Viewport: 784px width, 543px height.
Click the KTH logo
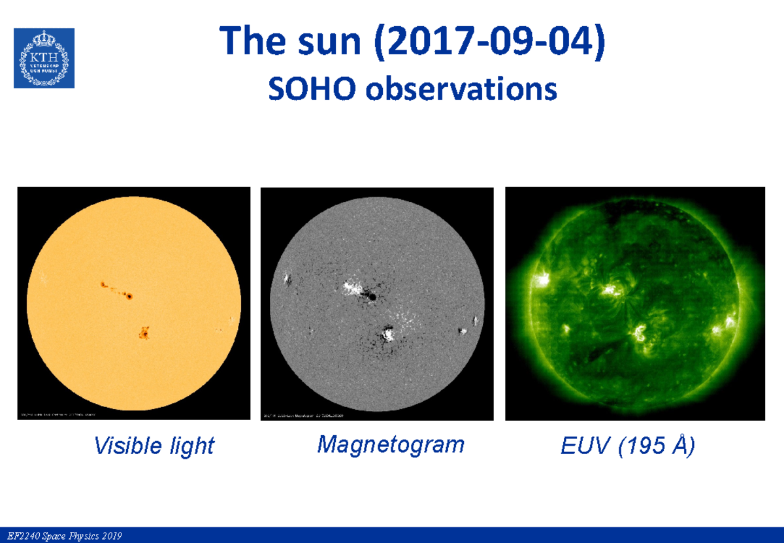tap(44, 58)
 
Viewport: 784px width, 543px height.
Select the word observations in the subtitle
tap(461, 90)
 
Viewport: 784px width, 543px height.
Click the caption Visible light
tap(154, 446)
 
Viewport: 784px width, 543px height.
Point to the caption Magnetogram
tap(391, 444)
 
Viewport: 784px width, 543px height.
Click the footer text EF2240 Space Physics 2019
tap(61, 536)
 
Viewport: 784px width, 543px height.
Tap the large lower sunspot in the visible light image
tap(143, 333)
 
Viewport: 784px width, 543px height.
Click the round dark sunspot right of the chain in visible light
tap(129, 297)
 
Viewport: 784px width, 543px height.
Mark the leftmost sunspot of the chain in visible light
tap(103, 284)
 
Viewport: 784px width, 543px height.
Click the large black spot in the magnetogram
tap(371, 297)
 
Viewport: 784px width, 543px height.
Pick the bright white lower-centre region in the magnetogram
tap(388, 335)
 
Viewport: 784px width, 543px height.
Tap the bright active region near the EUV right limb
tap(728, 323)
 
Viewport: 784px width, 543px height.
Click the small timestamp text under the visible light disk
tap(59, 415)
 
